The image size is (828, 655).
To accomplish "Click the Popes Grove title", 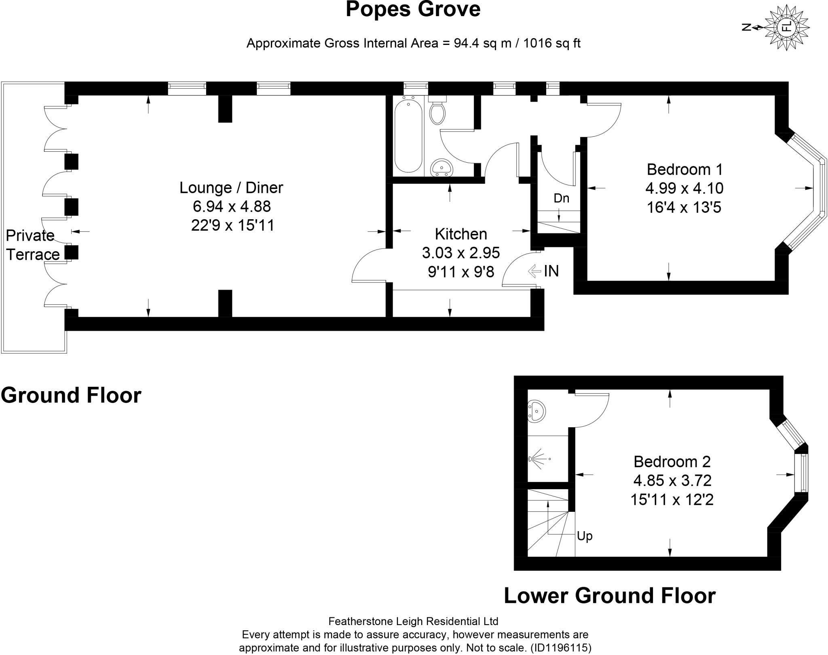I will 413,10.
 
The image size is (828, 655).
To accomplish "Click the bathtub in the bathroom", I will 408,137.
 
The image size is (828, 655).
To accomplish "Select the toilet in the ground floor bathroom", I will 437,111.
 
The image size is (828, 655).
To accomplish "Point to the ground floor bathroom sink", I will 441,167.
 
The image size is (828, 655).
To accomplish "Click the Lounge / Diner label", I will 231,188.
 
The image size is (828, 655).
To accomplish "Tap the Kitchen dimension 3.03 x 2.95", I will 461,253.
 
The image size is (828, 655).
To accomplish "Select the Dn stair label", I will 561,198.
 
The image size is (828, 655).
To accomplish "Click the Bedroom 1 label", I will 684,169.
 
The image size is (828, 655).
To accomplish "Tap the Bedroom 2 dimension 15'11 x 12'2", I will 672,500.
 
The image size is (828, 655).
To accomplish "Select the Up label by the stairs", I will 585,536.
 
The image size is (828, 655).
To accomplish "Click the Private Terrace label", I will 32,245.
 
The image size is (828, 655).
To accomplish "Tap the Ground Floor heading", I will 71,395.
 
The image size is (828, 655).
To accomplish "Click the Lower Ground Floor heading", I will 609,595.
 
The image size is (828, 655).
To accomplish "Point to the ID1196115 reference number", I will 560,648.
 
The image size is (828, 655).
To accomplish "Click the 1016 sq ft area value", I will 551,43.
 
